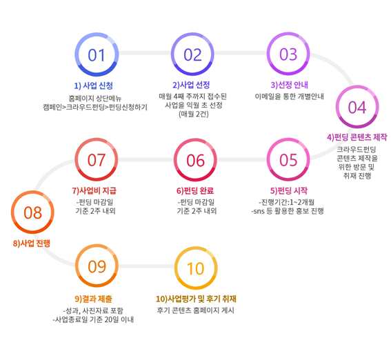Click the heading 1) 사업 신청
94,86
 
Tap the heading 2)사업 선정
191,85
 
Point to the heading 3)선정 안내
289,85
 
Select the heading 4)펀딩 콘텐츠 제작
357,137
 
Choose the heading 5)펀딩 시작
289,191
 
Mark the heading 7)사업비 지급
94,191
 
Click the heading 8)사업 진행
32,243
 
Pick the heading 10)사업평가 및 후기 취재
196,299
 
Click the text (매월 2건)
194,114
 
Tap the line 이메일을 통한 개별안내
289,97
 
